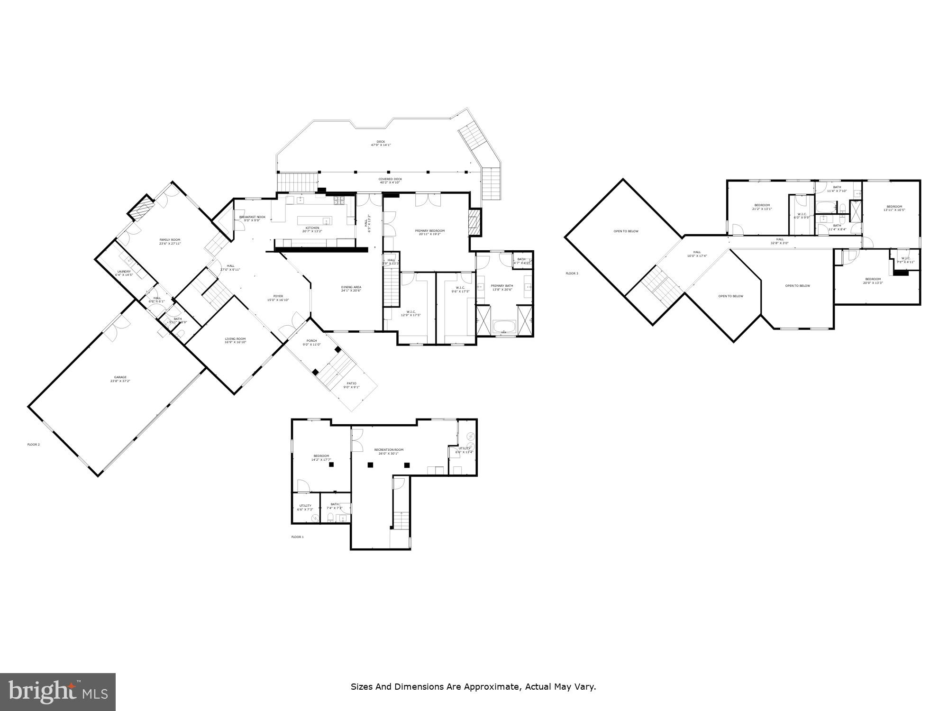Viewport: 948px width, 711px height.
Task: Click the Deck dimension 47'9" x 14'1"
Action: (x=381, y=145)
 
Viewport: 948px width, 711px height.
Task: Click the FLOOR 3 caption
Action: (x=572, y=273)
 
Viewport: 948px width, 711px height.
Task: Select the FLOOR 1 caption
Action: (x=297, y=537)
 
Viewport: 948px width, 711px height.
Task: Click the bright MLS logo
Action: (x=58, y=692)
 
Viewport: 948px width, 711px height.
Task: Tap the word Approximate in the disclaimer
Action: (x=492, y=686)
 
